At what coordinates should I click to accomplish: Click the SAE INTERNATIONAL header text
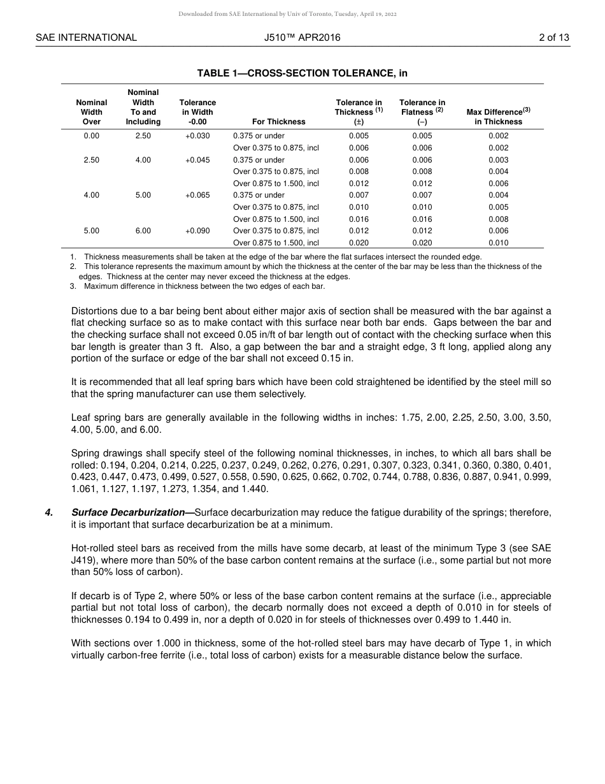[86, 38]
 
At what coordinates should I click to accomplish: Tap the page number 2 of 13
[553, 38]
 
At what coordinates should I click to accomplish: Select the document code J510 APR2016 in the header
[302, 38]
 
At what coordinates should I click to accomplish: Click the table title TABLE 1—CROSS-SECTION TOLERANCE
[302, 73]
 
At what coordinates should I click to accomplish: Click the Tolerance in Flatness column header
[422, 112]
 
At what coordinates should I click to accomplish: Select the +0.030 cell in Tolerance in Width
[197, 136]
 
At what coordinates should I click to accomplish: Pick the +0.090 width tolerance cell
[197, 231]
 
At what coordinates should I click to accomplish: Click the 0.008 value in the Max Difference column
[498, 219]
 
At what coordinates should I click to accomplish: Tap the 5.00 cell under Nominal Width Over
[92, 231]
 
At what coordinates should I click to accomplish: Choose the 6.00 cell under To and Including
[143, 231]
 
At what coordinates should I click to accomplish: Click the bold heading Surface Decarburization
[130, 512]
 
